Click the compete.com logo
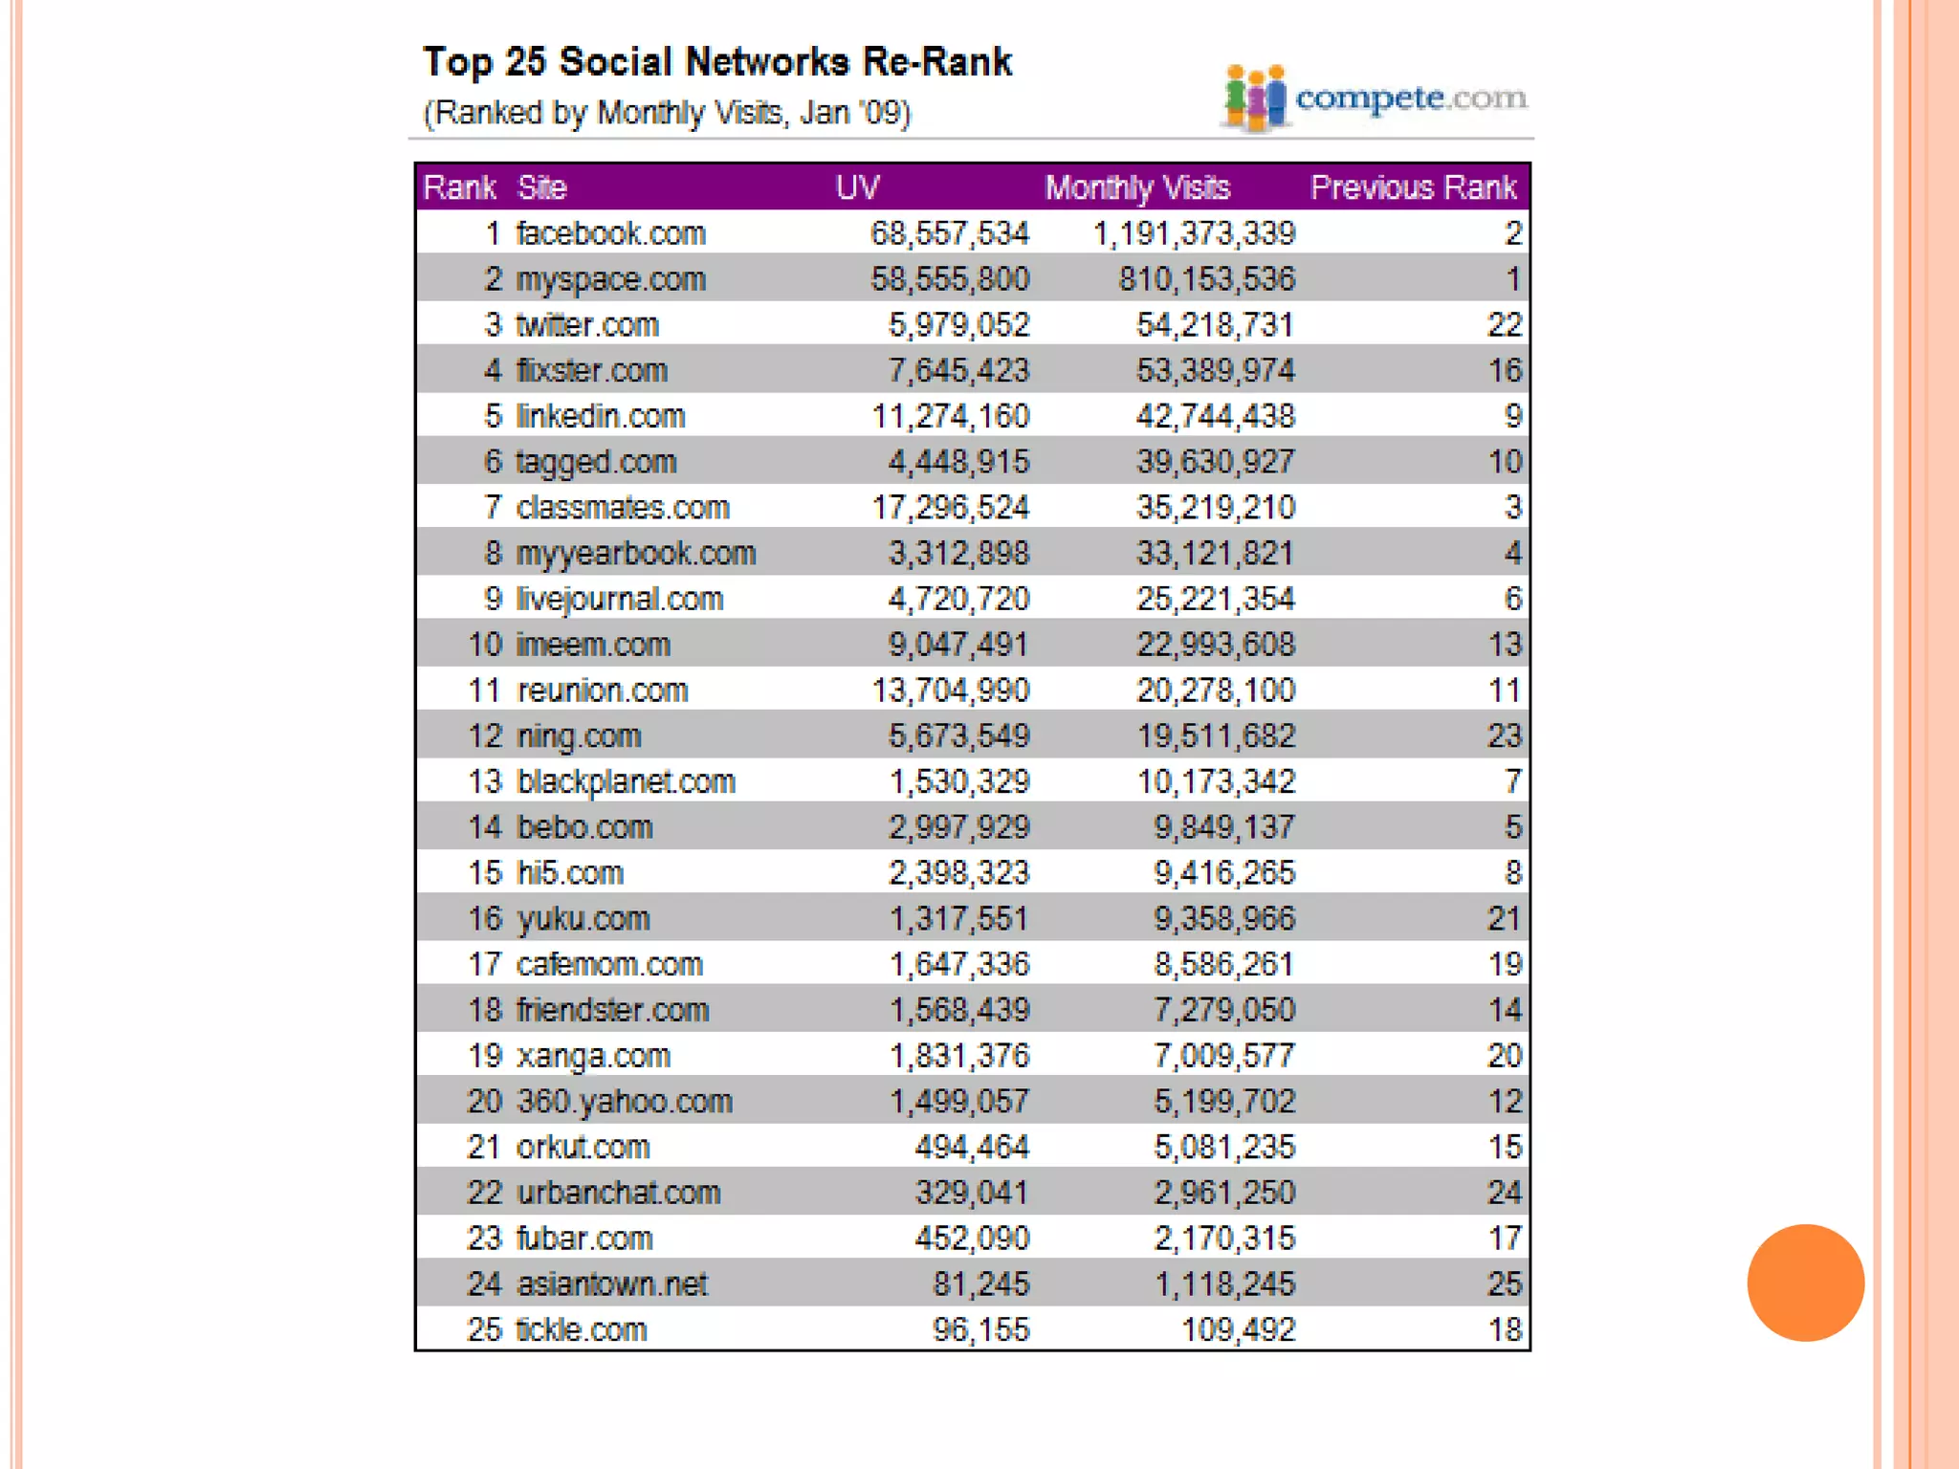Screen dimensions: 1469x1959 pos(1376,98)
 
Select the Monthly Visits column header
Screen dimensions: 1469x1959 pos(1137,187)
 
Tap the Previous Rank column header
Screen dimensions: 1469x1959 pos(1413,187)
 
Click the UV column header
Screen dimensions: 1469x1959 pos(857,187)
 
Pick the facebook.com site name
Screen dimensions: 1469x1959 pos(610,233)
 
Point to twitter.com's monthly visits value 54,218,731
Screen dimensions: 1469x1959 pos(1215,325)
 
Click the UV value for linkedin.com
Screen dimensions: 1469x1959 pos(950,417)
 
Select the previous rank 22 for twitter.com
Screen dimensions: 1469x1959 pos(1504,325)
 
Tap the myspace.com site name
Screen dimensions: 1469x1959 pos(610,279)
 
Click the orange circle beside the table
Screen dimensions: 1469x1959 pos(1805,1283)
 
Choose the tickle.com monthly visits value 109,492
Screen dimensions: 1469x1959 pos(1238,1329)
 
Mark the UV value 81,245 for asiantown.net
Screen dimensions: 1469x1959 pos(981,1283)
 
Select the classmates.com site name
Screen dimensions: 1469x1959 pos(623,508)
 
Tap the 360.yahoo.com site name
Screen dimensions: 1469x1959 pos(624,1102)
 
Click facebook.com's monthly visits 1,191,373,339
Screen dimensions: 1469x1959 pos(1194,233)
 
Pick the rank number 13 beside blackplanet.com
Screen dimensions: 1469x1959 pos(485,782)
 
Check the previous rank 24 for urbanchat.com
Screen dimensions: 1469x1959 pos(1504,1193)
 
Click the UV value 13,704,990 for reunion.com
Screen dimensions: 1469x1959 pos(950,691)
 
